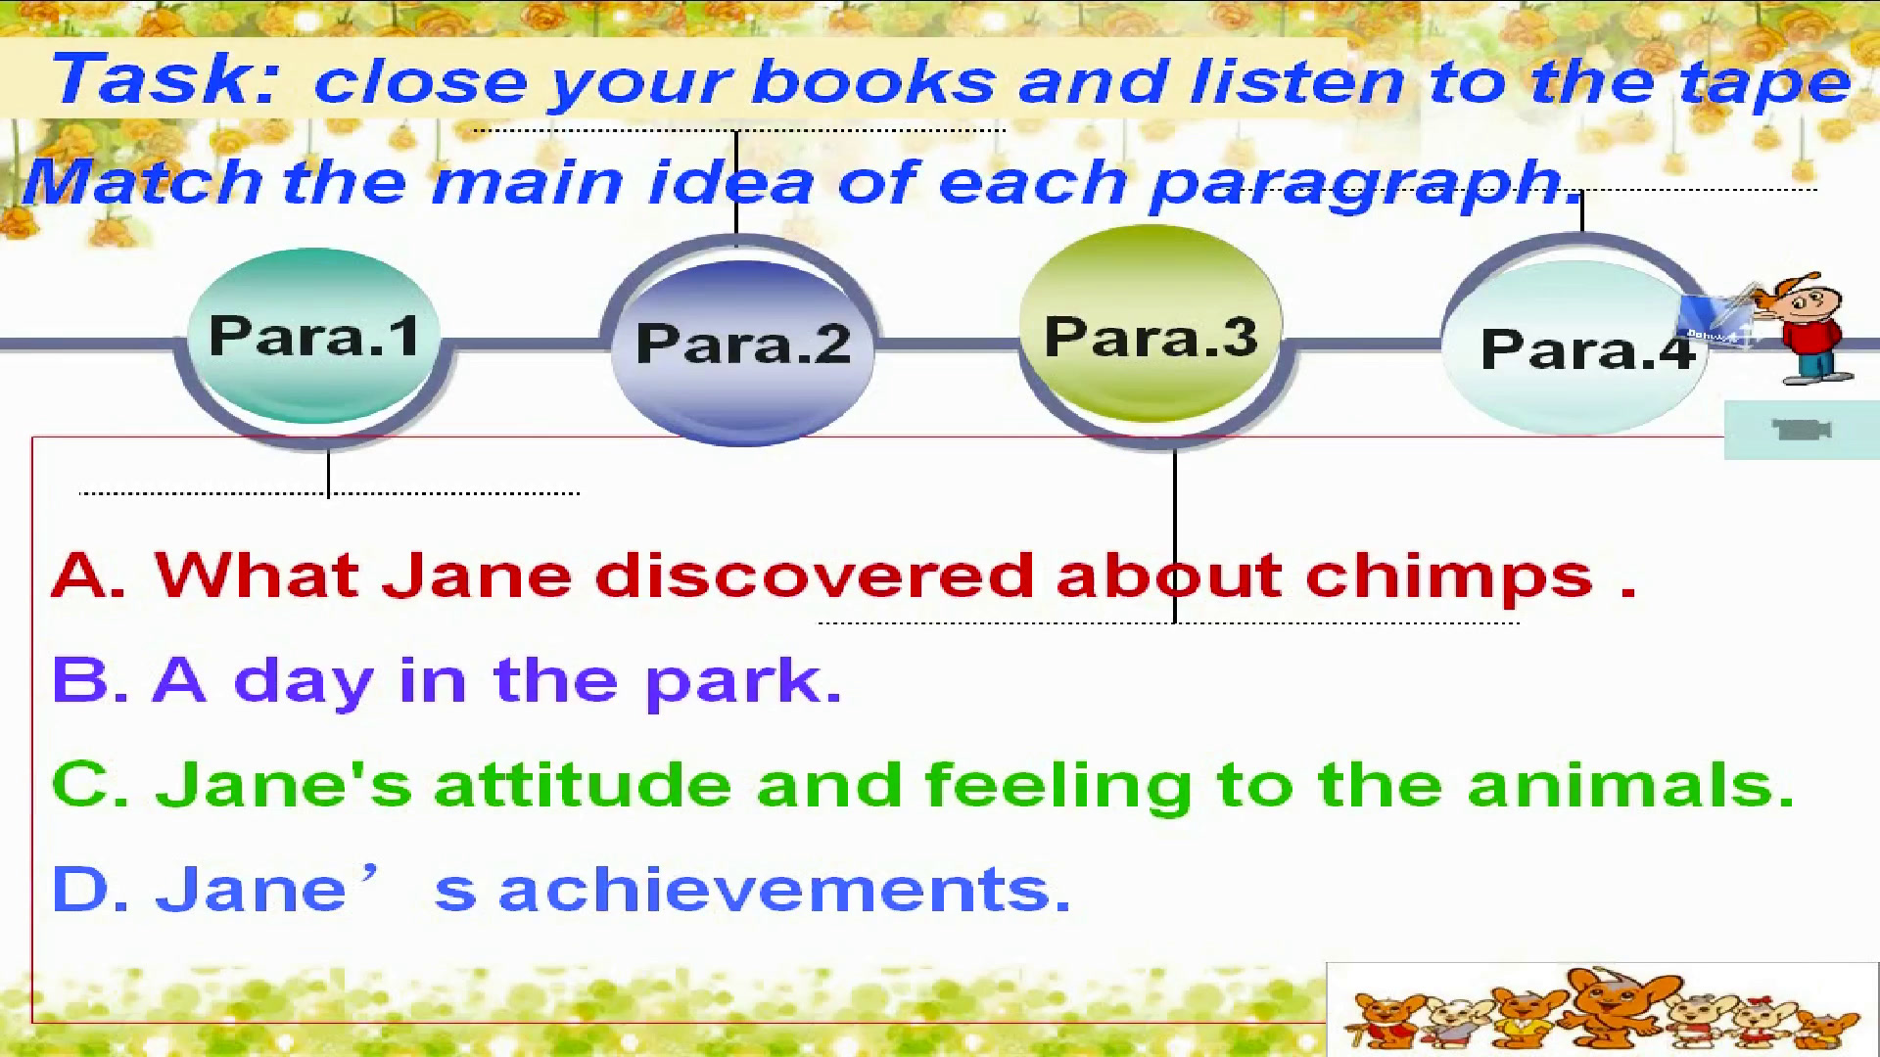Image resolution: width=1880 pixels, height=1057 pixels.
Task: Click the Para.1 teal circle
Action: (313, 336)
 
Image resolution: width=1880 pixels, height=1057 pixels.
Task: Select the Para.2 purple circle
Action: (741, 343)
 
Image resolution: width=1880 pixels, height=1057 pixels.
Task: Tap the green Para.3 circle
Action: (1151, 324)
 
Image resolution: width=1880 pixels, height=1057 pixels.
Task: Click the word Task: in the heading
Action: (166, 80)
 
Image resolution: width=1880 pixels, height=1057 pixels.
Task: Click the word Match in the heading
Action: (143, 182)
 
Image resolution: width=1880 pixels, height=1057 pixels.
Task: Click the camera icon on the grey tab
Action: (1802, 430)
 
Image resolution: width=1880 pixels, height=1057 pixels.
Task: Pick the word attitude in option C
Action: (583, 785)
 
